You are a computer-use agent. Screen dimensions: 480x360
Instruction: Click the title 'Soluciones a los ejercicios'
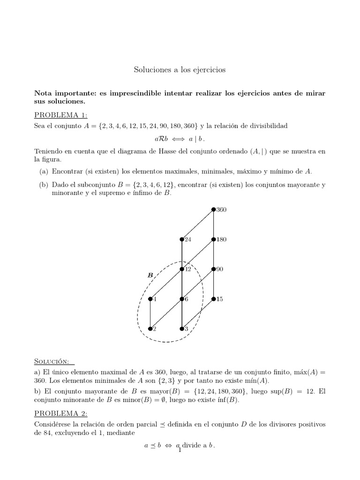pos(180,70)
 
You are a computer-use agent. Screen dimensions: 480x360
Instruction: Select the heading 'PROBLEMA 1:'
pos(61,115)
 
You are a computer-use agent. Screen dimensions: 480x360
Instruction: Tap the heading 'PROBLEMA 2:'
pos(61,413)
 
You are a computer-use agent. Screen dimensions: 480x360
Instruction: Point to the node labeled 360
pos(213,210)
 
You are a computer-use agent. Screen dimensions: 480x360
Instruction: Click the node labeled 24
pos(182,240)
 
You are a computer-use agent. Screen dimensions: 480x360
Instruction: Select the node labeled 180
pos(213,240)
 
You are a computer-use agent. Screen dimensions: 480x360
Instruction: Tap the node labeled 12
pos(182,269)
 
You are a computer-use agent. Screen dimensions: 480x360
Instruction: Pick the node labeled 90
pos(213,269)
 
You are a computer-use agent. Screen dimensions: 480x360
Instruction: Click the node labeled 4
pos(150,299)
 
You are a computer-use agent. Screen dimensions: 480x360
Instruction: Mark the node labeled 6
pos(182,299)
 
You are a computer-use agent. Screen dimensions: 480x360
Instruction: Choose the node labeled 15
pos(213,299)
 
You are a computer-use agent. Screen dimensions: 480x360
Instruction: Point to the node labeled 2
pos(150,329)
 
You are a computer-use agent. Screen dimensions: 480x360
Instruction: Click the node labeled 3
pos(182,329)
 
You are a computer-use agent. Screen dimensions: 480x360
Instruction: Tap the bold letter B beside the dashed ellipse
pos(150,276)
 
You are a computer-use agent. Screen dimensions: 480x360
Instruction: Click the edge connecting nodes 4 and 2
pos(150,314)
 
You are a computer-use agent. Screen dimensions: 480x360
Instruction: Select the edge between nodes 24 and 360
pos(197,225)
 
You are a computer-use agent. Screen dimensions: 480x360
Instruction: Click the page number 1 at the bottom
pos(180,450)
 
